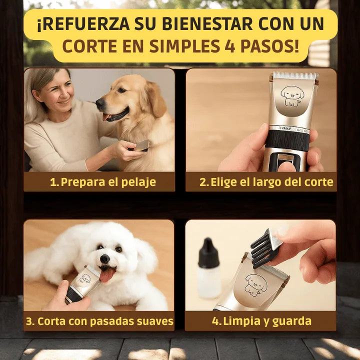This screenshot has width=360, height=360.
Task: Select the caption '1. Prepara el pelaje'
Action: point(103,182)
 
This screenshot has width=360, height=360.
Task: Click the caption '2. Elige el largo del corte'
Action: point(266,182)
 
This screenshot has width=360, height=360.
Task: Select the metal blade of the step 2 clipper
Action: point(294,76)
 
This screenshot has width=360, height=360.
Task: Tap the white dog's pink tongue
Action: point(107,275)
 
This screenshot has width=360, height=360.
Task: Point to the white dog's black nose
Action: point(105,258)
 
